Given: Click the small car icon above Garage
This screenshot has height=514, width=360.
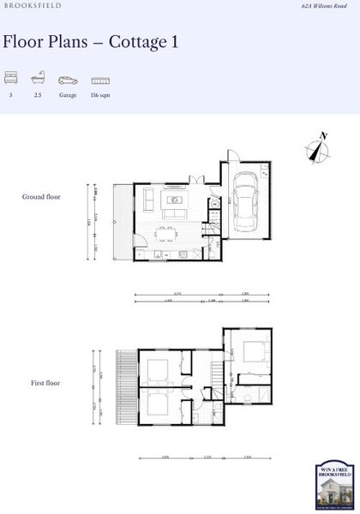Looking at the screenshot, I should click(x=68, y=80).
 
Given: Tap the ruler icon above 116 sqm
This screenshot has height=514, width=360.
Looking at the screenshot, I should click(x=100, y=80).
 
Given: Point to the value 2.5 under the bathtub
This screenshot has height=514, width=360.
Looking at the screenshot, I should click(x=38, y=95).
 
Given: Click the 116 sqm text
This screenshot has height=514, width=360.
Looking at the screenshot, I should click(x=100, y=95).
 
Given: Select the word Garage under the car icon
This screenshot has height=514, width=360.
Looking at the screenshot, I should click(x=68, y=95).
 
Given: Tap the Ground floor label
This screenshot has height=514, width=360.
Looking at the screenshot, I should click(x=41, y=197).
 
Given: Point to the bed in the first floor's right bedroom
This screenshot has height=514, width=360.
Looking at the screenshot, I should click(x=251, y=350).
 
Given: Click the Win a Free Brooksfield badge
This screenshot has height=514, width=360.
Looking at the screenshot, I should click(x=333, y=486).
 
